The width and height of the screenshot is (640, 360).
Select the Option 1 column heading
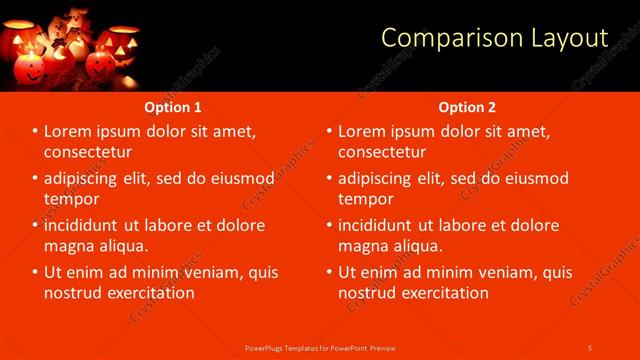(173, 107)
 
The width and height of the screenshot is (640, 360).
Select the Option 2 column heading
(467, 107)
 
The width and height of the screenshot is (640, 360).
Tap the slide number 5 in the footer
(590, 347)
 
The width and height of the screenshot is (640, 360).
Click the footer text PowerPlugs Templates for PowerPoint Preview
(321, 347)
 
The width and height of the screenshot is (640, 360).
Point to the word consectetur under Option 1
(88, 152)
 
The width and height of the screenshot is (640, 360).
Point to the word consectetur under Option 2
(382, 152)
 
